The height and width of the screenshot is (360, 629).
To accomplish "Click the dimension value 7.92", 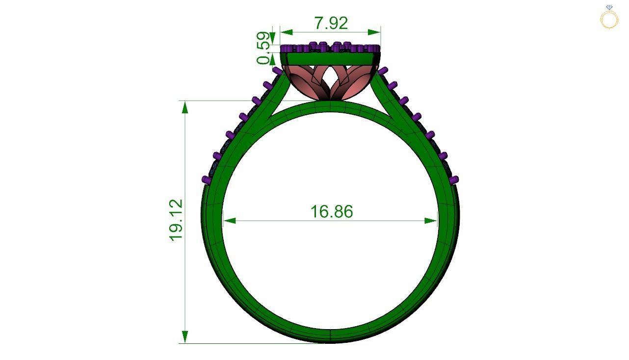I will click(331, 23).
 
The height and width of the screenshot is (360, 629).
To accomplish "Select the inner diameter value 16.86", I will click(332, 211).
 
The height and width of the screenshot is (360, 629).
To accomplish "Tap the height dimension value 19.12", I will click(176, 220).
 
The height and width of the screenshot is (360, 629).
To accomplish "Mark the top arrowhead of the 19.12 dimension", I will click(185, 107).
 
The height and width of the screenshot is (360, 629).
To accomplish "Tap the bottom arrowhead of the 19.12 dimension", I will click(185, 337).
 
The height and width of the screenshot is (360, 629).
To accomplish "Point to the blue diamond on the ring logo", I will click(609, 7).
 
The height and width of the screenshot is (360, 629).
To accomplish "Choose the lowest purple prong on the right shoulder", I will click(454, 180).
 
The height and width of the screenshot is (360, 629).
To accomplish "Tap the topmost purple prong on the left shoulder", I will click(277, 72).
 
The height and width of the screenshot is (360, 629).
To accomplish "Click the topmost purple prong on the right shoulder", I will click(383, 71).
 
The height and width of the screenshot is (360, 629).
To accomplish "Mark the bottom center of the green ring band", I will click(330, 335).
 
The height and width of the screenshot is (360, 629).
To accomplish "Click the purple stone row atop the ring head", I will click(330, 48).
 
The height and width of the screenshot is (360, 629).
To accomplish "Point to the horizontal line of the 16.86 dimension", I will click(294, 221).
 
